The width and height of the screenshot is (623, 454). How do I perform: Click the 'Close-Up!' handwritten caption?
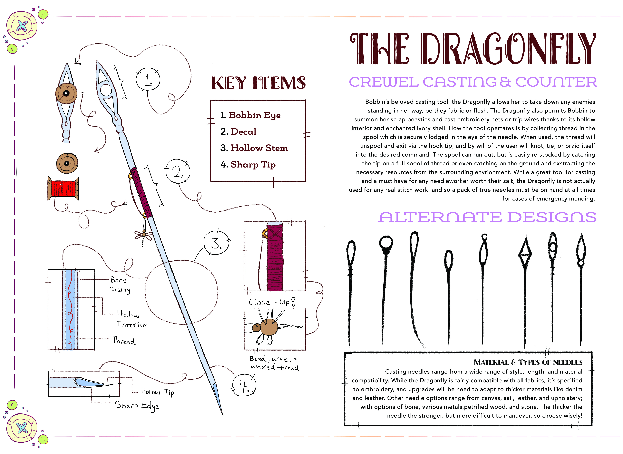[272, 302]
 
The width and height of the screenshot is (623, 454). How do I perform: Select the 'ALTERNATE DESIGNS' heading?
[488, 217]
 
